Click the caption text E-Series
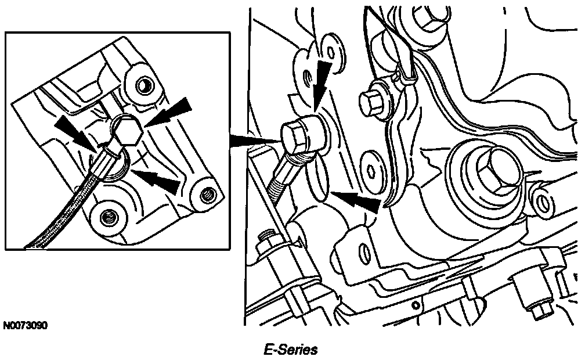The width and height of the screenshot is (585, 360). [x=291, y=350]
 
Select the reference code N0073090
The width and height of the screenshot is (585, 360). [x=26, y=326]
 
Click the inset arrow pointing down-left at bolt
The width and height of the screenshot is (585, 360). [x=167, y=111]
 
